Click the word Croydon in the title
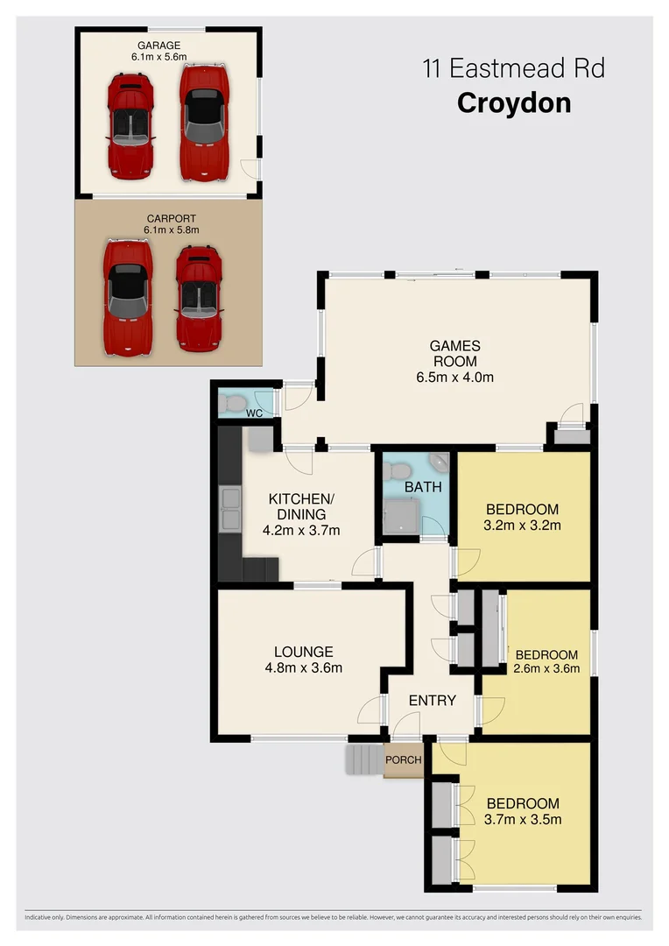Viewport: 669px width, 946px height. tap(514, 102)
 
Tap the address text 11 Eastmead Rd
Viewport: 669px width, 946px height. tap(514, 68)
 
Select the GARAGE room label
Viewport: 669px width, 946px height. tap(158, 44)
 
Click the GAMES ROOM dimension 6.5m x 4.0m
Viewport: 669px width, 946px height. tap(454, 378)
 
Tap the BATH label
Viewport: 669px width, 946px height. tap(423, 487)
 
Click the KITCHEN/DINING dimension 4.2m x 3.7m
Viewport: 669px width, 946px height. tap(301, 530)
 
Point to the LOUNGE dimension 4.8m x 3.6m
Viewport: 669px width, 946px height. tap(303, 667)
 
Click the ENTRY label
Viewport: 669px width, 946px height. tap(432, 700)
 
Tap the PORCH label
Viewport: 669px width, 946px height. tap(404, 759)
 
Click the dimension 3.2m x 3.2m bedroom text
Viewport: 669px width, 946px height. tap(522, 526)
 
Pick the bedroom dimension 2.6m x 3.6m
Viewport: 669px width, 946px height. tap(546, 670)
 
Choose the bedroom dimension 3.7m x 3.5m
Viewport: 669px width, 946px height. tap(523, 820)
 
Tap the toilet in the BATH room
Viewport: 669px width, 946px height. tap(396, 467)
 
